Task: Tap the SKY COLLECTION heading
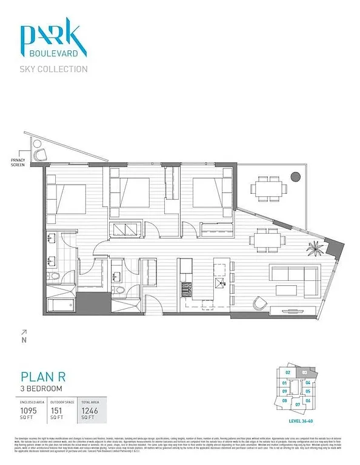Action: click(x=54, y=69)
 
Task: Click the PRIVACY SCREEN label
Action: click(x=18, y=162)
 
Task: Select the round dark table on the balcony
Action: click(x=295, y=177)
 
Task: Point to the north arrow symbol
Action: click(x=24, y=332)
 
